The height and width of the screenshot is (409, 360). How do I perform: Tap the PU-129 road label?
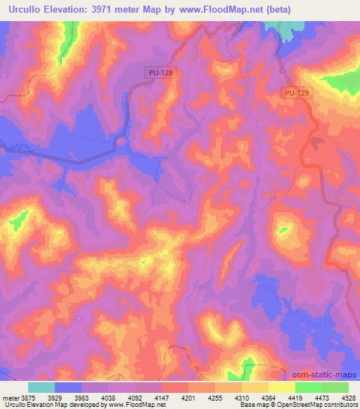(x=297, y=93)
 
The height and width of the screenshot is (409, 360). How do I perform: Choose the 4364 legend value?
(x=269, y=397)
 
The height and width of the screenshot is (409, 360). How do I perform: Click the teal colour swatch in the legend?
(x=41, y=387)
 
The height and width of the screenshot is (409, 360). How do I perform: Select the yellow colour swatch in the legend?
(x=281, y=387)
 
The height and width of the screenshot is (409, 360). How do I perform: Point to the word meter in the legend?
(x=10, y=397)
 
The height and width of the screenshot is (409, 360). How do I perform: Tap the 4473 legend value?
(x=322, y=397)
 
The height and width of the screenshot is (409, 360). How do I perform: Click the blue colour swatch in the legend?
(x=67, y=387)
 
